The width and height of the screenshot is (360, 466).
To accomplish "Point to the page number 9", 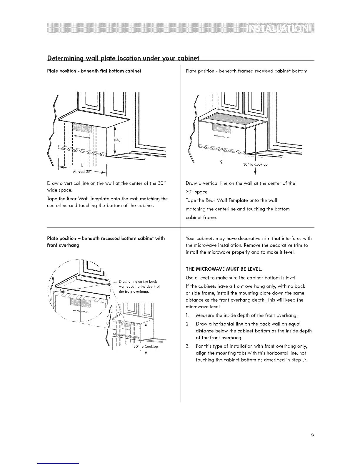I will coord(313,435).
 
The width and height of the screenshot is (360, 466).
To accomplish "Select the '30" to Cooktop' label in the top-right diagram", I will coord(255,164).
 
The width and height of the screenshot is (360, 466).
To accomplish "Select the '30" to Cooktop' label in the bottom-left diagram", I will coord(146,347).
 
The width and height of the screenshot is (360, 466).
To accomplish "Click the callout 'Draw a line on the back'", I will coord(138,282).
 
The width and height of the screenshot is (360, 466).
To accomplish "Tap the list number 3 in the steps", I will coord(188,346).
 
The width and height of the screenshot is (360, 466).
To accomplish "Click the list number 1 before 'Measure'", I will coord(187,316).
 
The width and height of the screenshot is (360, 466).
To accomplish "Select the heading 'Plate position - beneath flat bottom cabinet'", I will coord(94,71).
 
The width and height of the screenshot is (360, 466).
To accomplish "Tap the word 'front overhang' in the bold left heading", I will coord(63,245).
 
